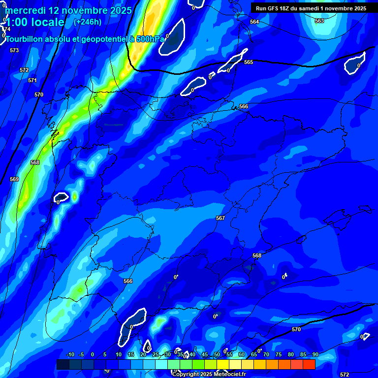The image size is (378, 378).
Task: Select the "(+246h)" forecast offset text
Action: [88, 22]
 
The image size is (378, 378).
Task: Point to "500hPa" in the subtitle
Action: [149, 39]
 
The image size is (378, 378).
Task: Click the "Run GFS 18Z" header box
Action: [311, 8]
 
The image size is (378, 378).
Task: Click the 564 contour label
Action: [254, 22]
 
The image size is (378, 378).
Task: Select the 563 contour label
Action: [319, 21]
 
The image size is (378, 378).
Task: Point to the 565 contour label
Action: [249, 62]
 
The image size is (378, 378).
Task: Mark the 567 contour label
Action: [220, 218]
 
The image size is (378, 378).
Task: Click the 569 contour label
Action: [14, 179]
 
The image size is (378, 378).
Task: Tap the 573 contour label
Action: [14, 50]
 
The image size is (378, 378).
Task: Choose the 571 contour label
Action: [32, 80]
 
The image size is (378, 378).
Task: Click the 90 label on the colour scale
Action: [315, 354]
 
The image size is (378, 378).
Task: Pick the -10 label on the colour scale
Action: [70, 354]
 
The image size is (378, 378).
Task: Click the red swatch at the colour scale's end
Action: [309, 364]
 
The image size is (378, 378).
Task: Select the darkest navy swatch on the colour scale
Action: [63, 364]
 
